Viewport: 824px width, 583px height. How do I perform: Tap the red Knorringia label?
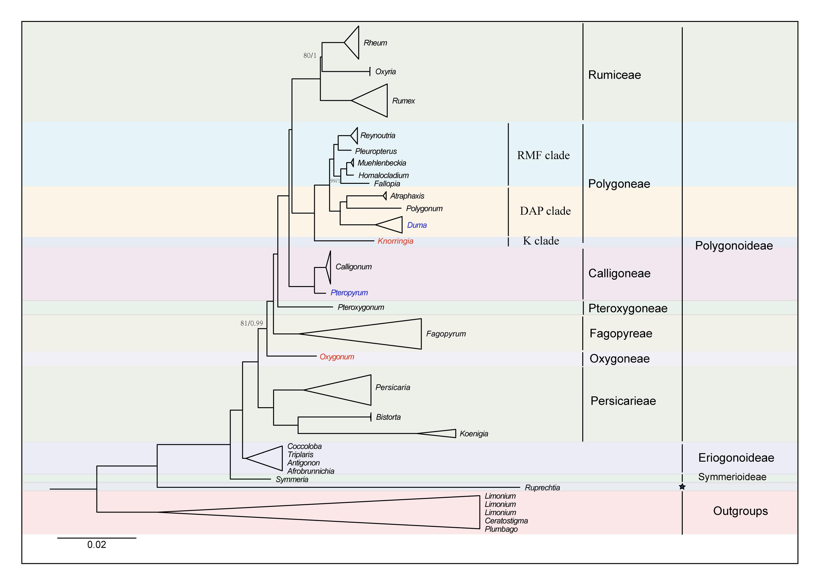point(395,241)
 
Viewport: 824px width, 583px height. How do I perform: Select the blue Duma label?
point(417,226)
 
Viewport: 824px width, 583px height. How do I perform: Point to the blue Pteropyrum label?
point(349,293)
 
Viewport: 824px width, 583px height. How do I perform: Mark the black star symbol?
point(682,487)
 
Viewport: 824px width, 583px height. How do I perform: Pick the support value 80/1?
point(310,56)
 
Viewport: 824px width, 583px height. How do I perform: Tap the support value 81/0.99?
point(251,324)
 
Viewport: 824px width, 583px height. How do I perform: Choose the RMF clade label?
point(543,156)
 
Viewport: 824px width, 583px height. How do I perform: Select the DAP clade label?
point(545,211)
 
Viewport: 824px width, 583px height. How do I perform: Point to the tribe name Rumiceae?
point(614,75)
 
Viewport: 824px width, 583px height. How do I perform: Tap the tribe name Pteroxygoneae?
point(628,308)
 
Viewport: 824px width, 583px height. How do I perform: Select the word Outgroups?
point(740,511)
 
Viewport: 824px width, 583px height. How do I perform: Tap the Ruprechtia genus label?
point(542,488)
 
